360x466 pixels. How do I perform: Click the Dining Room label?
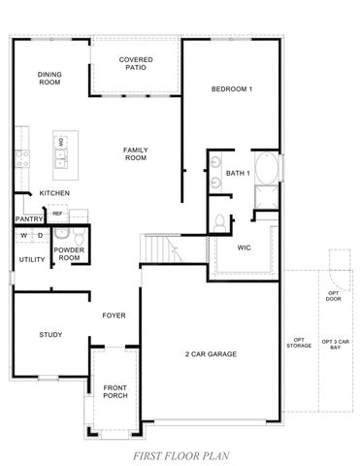(x=49, y=79)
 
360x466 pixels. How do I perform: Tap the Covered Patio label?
(x=136, y=64)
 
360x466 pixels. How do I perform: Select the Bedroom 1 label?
(x=232, y=90)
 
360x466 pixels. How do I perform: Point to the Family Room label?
(x=135, y=153)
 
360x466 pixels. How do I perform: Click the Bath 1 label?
(x=238, y=174)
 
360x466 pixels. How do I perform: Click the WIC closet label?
(x=245, y=247)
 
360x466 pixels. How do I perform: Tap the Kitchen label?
(x=53, y=193)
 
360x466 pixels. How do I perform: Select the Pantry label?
(x=27, y=219)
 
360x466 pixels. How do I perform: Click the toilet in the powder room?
(x=62, y=234)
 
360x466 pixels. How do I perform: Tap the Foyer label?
(x=115, y=316)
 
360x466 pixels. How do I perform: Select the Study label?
(x=50, y=335)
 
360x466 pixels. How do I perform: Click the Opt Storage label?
(x=299, y=342)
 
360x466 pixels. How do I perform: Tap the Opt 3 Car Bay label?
(x=333, y=343)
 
